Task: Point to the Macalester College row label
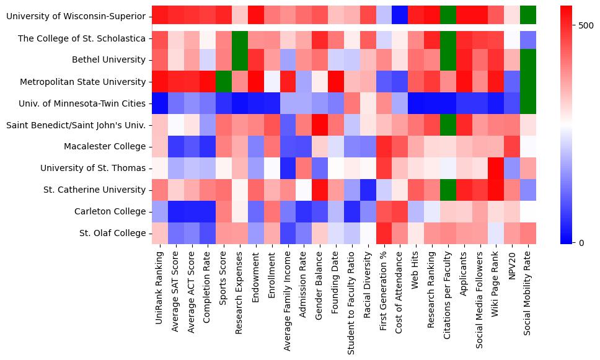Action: click(105, 146)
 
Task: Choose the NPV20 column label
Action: click(512, 264)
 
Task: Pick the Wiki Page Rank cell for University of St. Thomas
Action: click(496, 168)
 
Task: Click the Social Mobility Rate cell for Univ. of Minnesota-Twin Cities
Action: click(528, 103)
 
